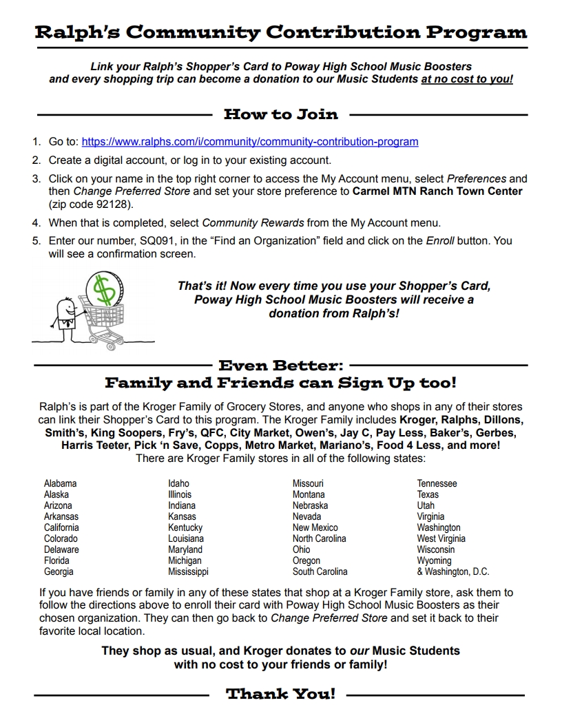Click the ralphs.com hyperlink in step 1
coord(249,142)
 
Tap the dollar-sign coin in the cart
coord(105,289)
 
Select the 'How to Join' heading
coord(281,114)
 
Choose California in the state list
coord(61,527)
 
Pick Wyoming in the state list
coord(434,560)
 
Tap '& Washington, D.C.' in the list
coord(452,571)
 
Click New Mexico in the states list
coord(315,527)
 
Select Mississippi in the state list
coord(188,571)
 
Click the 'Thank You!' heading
coord(281,693)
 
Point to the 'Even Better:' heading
coord(281,366)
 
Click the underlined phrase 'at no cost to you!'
coord(467,79)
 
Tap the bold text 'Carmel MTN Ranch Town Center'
coord(437,191)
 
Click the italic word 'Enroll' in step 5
coord(439,241)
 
